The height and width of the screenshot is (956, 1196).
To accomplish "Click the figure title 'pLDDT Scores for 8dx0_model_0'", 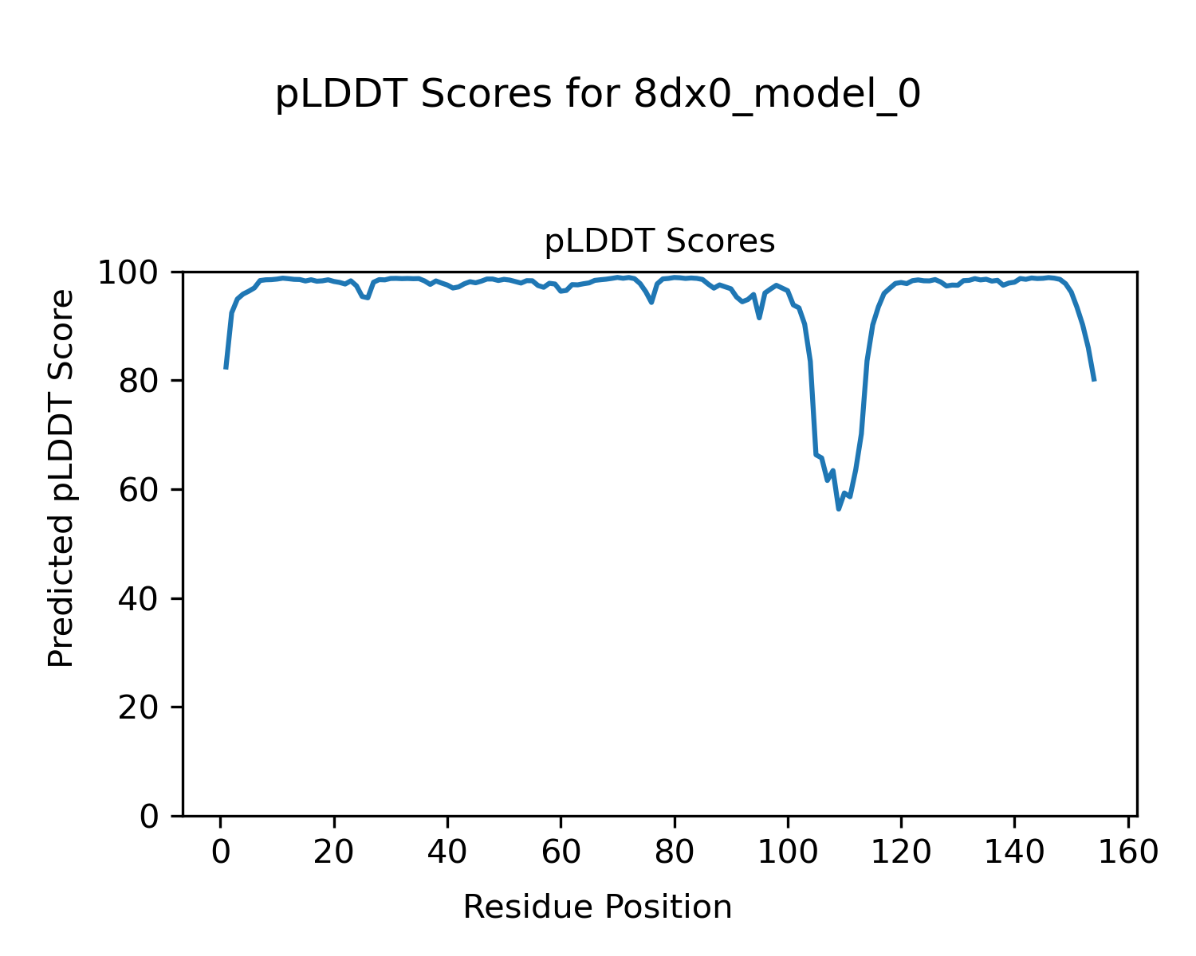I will tap(598, 96).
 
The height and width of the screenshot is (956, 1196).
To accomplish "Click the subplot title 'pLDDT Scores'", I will tap(659, 241).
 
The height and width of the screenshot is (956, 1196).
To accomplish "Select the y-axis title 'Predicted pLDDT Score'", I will tap(61, 478).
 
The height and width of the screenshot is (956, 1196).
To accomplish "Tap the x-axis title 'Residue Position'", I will tap(597, 907).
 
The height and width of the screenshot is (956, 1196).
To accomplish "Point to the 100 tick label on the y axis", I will tap(133, 273).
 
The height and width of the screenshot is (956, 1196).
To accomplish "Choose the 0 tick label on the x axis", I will tap(221, 852).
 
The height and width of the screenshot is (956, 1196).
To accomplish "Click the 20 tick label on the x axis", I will tap(334, 852).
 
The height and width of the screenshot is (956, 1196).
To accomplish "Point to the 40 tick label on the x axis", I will tap(447, 852).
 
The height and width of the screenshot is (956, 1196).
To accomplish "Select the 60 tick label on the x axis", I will tap(561, 852).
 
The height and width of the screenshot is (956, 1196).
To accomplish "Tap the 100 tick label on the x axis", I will tap(788, 852).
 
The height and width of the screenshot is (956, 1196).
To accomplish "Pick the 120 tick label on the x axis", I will tap(901, 852).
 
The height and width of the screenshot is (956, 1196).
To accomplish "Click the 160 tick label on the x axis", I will tap(1127, 852).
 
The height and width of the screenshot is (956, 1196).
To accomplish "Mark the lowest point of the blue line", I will tap(839, 509).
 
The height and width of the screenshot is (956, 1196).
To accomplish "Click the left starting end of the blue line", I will tap(226, 368).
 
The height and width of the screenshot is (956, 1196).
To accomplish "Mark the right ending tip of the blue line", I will tap(1094, 380).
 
